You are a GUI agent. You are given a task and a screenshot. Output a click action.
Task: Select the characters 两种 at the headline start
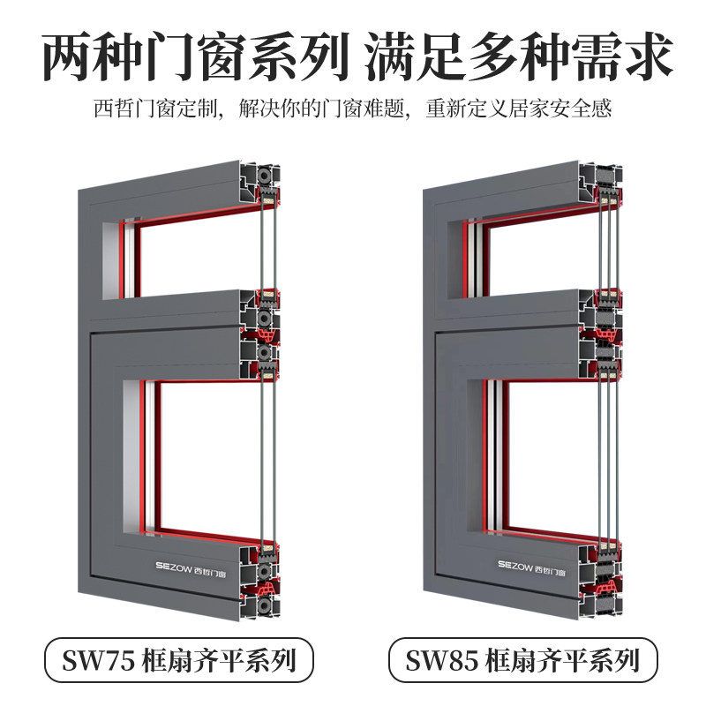80,56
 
